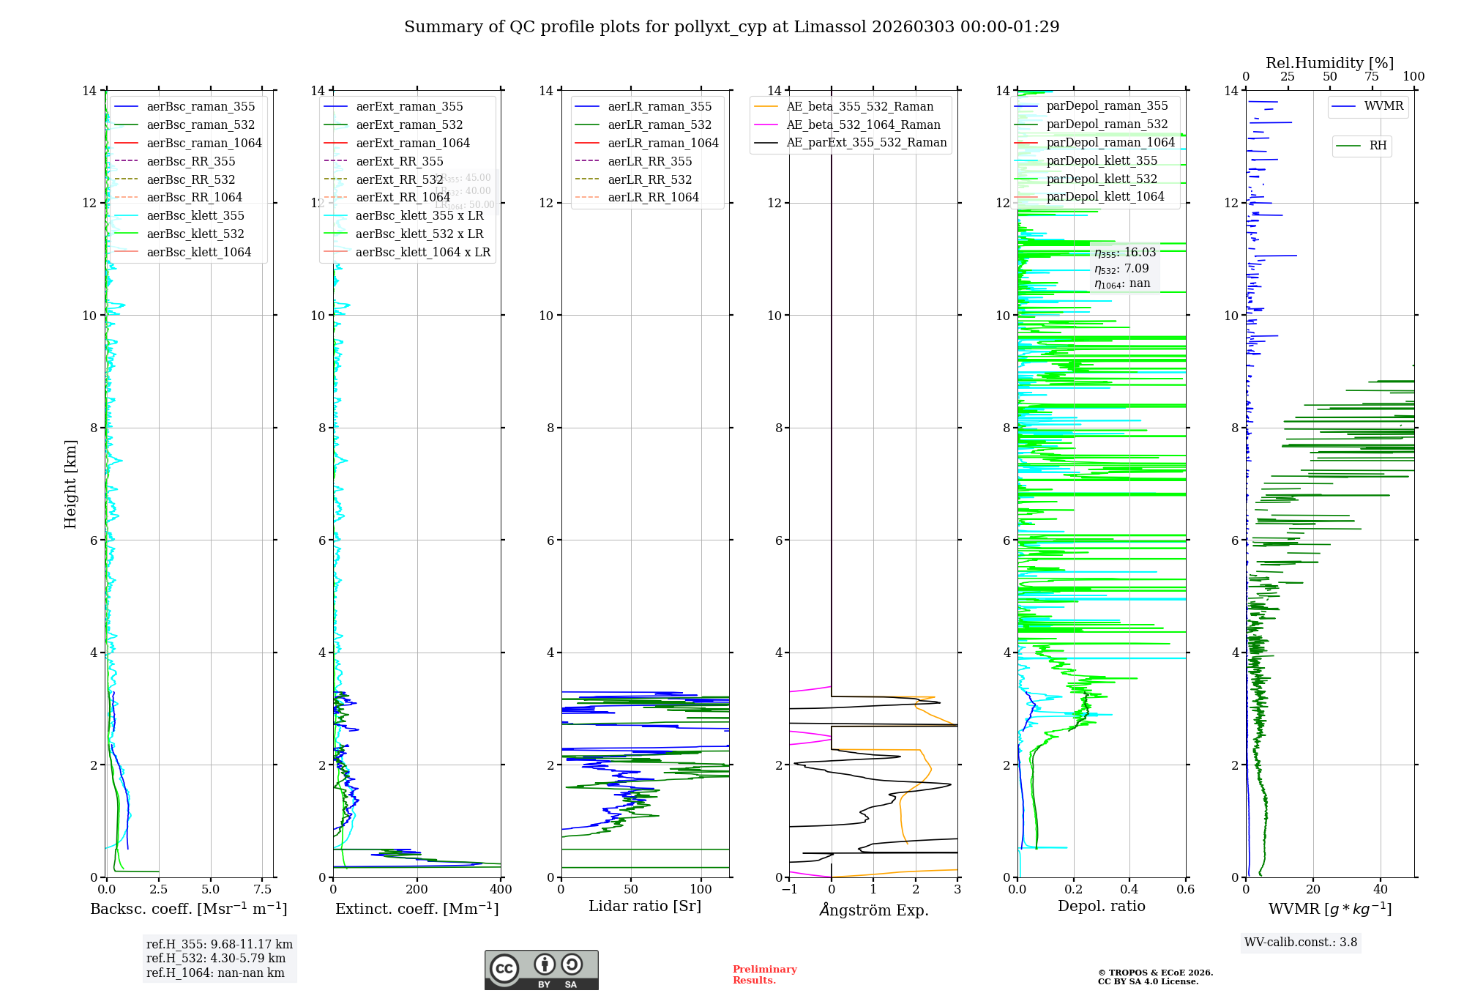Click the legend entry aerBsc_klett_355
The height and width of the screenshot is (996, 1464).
click(195, 215)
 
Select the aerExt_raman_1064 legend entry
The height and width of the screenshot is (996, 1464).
click(412, 143)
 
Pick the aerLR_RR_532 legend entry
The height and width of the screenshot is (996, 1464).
click(649, 179)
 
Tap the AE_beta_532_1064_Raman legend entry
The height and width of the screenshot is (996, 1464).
click(863, 124)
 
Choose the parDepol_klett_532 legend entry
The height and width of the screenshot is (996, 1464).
click(1101, 179)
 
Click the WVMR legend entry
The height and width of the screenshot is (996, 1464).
click(1383, 106)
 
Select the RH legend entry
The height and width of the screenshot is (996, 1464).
click(1377, 146)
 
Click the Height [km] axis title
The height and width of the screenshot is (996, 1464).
click(70, 484)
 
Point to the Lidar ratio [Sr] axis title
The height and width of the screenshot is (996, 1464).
click(644, 906)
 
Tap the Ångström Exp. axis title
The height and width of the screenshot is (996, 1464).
click(873, 910)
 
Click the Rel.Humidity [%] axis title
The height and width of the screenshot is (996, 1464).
click(1329, 63)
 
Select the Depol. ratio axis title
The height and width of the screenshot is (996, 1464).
click(1101, 906)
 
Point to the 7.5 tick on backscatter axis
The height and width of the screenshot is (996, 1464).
click(263, 890)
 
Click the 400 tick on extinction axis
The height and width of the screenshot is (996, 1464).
click(501, 890)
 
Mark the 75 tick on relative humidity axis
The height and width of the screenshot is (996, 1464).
click(1372, 77)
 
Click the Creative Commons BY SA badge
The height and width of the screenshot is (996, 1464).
click(541, 970)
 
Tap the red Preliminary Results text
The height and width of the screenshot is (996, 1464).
click(764, 975)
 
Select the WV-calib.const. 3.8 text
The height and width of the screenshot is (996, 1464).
click(1300, 943)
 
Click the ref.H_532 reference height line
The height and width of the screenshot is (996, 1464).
click(215, 959)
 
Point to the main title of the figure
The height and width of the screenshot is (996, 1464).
click(731, 27)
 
